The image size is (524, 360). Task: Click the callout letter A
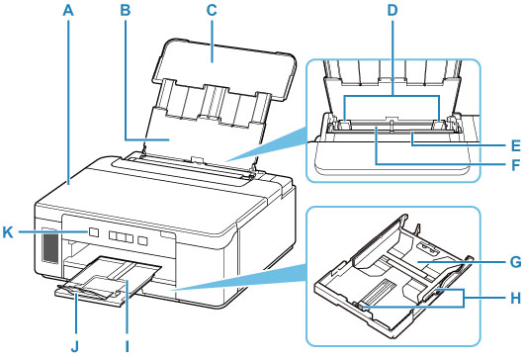point(68,10)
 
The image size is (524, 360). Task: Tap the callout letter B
point(126,10)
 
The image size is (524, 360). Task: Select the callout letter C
point(212,10)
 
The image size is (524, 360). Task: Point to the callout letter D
point(393,10)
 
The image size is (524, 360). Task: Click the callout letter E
point(516,145)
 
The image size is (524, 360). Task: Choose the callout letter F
point(516,164)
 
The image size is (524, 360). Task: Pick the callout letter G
point(515,262)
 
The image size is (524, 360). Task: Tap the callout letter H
point(515,298)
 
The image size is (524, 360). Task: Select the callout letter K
point(8,231)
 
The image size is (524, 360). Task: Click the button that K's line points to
point(94,232)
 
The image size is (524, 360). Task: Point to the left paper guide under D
point(342,126)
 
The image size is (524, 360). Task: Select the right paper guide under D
point(439,126)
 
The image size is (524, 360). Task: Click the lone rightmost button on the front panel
point(143,240)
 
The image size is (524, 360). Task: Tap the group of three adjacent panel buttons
point(122,237)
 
